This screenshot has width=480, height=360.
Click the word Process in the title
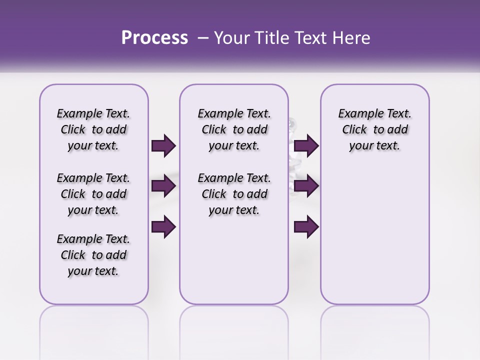pos(154,38)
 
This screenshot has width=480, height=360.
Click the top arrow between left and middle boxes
pos(163,146)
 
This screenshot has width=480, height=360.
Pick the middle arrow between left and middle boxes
pos(163,186)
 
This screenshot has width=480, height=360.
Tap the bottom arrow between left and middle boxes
pos(163,226)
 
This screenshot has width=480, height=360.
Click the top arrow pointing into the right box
pos(306,146)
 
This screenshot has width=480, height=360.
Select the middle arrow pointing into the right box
pos(306,186)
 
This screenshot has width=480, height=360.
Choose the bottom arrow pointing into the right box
pos(306,226)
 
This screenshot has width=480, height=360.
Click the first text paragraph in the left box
pos(93,129)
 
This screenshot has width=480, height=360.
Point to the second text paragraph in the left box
pos(93,194)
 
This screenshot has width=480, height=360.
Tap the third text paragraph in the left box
pos(93,255)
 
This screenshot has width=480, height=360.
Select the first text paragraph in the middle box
pos(234,129)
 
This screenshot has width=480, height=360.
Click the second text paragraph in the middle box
pos(234,194)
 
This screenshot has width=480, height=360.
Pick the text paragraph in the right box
pos(374,129)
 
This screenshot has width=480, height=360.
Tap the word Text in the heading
pos(311,38)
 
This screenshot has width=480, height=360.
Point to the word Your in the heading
pos(230,38)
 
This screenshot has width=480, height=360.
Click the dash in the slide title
pos(202,38)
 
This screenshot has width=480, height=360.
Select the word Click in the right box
pos(354,129)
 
